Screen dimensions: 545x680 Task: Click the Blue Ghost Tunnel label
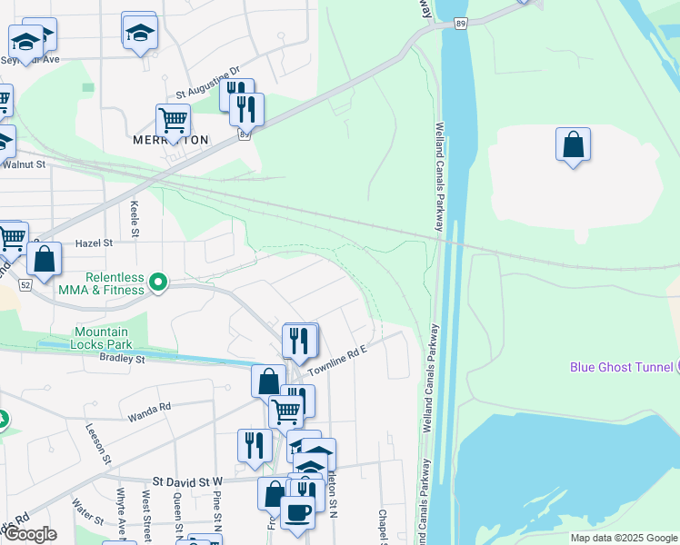pyautogui.click(x=622, y=367)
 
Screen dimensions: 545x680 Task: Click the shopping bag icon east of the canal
pyautogui.click(x=573, y=144)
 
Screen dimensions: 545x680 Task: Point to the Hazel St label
pyautogui.click(x=94, y=243)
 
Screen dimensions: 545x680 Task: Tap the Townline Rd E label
pyautogui.click(x=336, y=362)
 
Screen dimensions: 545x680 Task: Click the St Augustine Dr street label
pyautogui.click(x=207, y=82)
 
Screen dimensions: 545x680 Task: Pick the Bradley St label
pyautogui.click(x=126, y=360)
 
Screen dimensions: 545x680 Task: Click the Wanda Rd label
pyautogui.click(x=151, y=407)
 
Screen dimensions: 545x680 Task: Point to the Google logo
pyautogui.click(x=29, y=534)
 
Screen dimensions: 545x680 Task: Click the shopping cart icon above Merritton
pyautogui.click(x=173, y=119)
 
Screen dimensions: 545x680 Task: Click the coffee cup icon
pyautogui.click(x=297, y=512)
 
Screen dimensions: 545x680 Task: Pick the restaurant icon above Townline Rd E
pyautogui.click(x=300, y=341)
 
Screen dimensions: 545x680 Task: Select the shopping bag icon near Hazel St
pyautogui.click(x=44, y=258)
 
